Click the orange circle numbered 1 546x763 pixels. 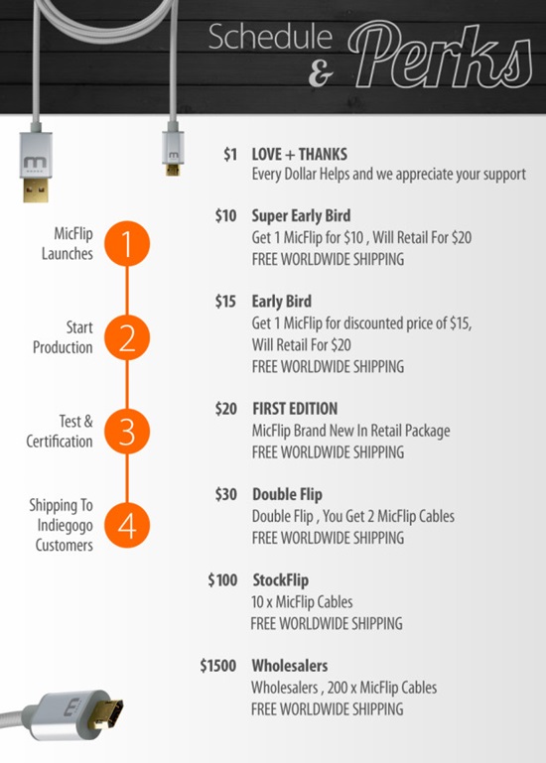tap(127, 243)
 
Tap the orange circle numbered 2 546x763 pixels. tap(127, 337)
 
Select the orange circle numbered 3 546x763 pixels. tap(127, 432)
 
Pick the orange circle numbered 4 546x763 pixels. tap(127, 526)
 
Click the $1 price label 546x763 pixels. tap(230, 154)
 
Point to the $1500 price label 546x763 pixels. tap(217, 665)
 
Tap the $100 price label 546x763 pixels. tap(222, 579)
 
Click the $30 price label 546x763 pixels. tap(226, 494)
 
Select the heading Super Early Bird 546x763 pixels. tap(301, 215)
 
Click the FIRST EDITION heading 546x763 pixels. tap(295, 408)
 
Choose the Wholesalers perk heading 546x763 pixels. tap(289, 665)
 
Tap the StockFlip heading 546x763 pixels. tap(280, 579)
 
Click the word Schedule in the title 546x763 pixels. tap(270, 37)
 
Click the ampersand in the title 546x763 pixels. tap(321, 73)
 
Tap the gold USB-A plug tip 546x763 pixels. tap(36, 189)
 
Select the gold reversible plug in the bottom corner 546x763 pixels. tap(106, 714)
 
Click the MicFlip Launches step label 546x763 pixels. tap(68, 243)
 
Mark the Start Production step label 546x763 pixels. tap(63, 337)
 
